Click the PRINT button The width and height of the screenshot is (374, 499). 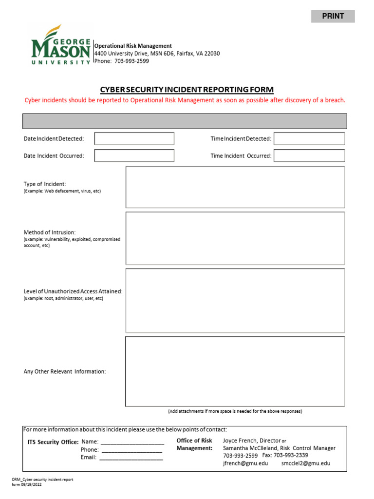point(333,16)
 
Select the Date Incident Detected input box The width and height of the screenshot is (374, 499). point(134,138)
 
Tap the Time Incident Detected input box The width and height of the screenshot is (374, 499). point(309,138)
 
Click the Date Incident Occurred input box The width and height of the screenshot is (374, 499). point(134,155)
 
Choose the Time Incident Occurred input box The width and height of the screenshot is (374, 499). point(309,155)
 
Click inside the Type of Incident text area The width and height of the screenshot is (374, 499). point(235,187)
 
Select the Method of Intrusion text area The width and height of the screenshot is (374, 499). point(235,238)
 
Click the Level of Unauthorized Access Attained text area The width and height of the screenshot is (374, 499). point(235,301)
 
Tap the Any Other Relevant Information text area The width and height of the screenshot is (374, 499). point(235,371)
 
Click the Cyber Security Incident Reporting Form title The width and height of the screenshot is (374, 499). point(187,90)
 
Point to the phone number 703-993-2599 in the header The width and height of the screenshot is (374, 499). point(131,61)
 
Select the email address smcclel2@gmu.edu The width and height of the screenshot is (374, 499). point(305,463)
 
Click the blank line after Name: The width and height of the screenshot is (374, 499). point(132,442)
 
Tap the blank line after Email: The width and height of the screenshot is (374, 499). point(131,458)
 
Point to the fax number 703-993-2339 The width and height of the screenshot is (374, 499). point(290,456)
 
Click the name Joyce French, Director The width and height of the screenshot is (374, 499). point(252,441)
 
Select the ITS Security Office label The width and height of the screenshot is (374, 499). point(53,442)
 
